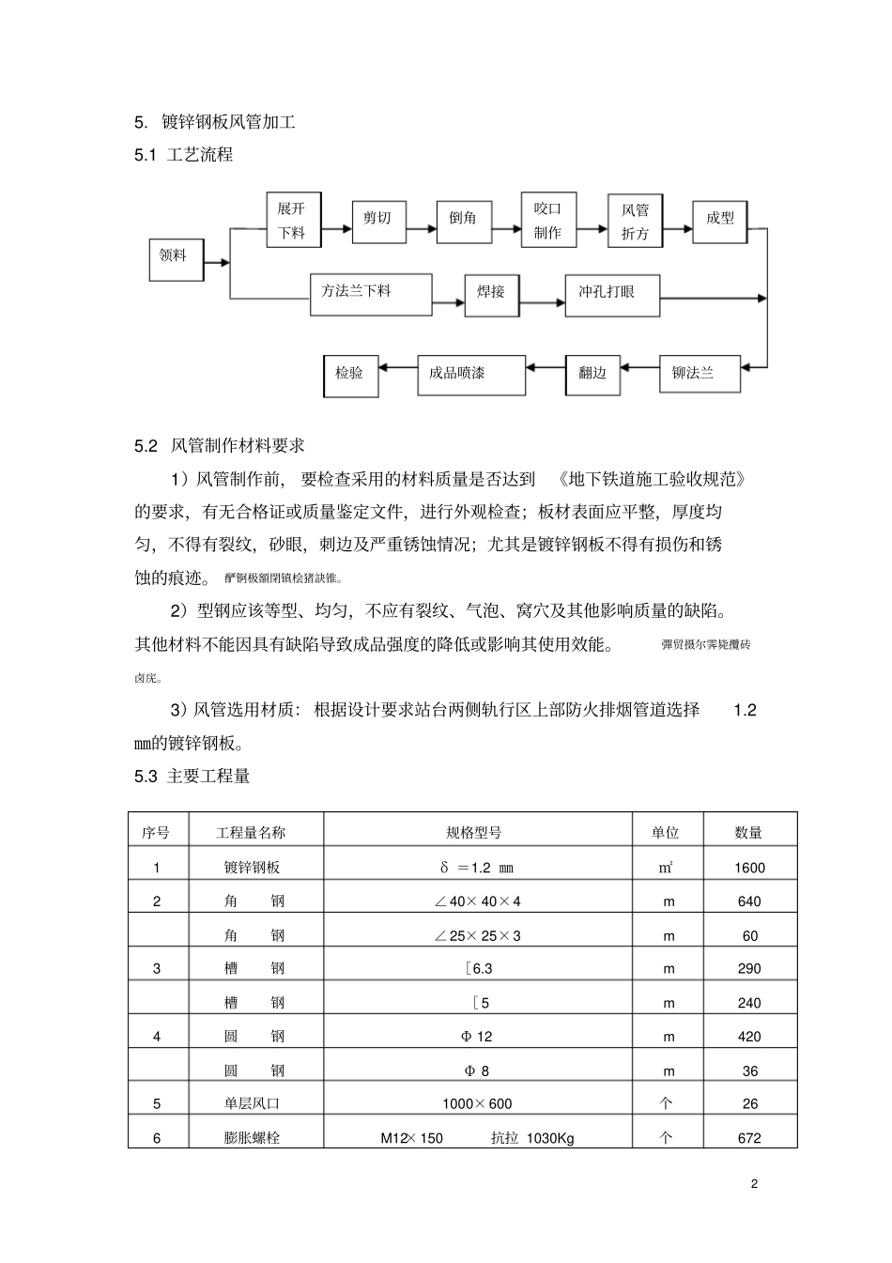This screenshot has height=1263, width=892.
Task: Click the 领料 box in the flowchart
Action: [x=176, y=259]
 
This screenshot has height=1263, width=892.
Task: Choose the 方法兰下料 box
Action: [x=371, y=295]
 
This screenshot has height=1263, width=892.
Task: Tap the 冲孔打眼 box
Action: [x=612, y=295]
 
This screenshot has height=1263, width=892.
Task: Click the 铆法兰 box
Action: [x=700, y=374]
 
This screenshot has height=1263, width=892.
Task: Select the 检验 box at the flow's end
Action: [x=349, y=375]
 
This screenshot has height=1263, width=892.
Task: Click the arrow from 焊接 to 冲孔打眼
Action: [x=541, y=301]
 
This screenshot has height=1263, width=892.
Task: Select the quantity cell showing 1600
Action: [x=749, y=868]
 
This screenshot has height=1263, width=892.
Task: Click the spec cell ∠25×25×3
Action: [x=478, y=935]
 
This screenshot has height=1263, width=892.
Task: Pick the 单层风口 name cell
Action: [x=252, y=1104]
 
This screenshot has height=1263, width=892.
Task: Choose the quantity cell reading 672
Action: [x=749, y=1138]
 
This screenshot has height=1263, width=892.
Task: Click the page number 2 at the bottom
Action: [x=754, y=1184]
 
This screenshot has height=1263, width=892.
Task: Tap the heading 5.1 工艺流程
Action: [x=183, y=155]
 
